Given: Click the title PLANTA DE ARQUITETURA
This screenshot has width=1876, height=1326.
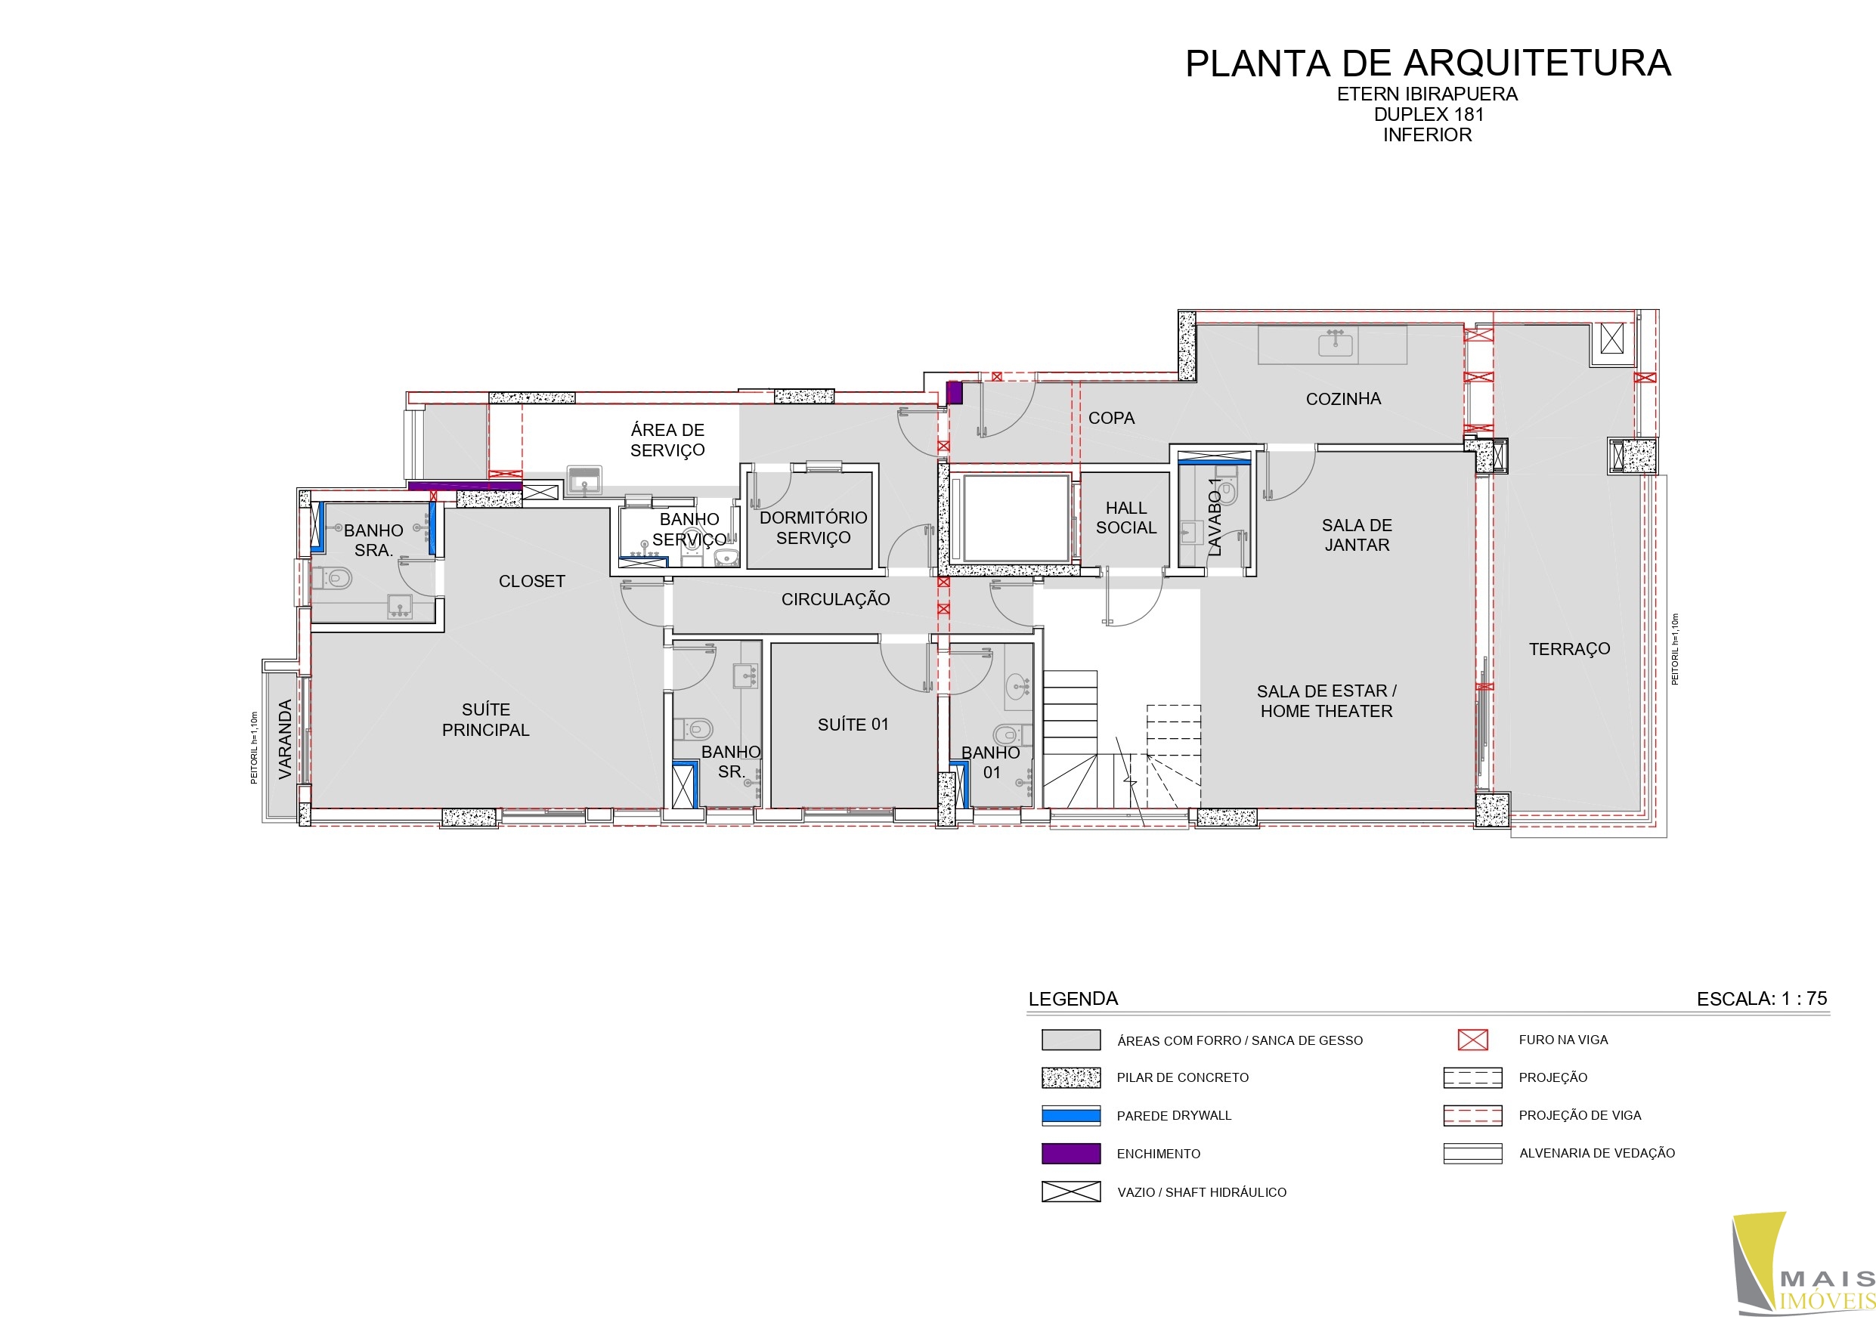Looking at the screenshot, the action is point(1428,63).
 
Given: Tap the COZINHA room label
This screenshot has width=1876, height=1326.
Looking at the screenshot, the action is point(1343,399).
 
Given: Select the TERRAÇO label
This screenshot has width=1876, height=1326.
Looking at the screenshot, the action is point(1570,649).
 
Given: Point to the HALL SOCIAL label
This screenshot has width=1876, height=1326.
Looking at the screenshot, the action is point(1126,518).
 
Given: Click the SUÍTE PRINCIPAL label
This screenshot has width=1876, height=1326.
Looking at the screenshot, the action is point(485,720).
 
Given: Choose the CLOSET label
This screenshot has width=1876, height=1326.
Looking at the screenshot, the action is point(532,581).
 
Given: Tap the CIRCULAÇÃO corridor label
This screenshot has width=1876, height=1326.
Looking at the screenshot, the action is point(835,599).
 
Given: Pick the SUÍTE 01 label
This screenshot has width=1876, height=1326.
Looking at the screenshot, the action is point(853,725).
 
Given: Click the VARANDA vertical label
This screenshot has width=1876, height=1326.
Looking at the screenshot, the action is point(285,739).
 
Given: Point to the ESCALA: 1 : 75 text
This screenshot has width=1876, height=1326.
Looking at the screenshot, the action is point(1762,998).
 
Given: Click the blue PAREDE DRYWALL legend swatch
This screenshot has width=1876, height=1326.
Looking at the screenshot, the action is point(1071,1115).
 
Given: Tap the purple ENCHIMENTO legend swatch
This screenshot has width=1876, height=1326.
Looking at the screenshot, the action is point(1071,1154).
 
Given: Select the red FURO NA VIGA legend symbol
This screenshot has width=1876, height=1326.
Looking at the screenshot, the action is point(1473,1039).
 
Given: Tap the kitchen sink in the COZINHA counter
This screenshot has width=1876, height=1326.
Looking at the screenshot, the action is point(1335,344).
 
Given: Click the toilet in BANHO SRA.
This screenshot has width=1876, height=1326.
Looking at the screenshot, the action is point(333,579).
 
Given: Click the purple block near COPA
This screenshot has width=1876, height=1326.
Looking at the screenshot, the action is point(955,393).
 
